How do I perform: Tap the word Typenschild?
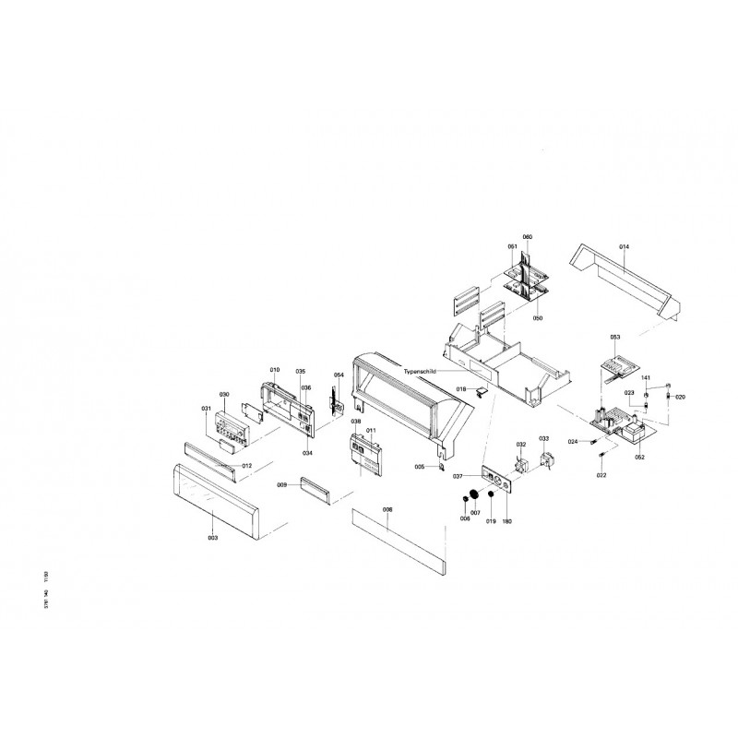[423, 370]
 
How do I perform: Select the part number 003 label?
[212, 537]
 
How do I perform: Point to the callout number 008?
[387, 510]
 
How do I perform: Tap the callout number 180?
[506, 522]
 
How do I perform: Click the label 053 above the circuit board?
[615, 338]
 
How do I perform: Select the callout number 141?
[647, 379]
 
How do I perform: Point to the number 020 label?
[680, 397]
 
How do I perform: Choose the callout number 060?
[528, 238]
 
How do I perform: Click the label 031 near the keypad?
[206, 409]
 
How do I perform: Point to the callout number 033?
[544, 439]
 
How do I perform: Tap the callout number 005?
[420, 468]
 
